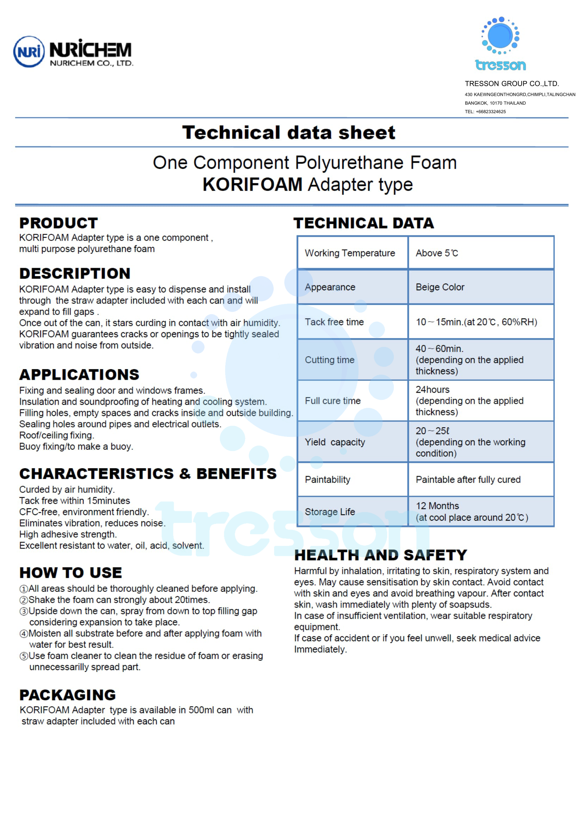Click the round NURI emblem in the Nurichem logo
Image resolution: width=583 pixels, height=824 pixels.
pyautogui.click(x=29, y=52)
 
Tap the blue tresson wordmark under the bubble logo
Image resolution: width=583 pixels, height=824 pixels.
pyautogui.click(x=500, y=65)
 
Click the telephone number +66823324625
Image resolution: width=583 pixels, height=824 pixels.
pyautogui.click(x=490, y=112)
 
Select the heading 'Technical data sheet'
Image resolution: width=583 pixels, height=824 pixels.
pyautogui.click(x=289, y=132)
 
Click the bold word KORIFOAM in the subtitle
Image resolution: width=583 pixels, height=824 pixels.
pyautogui.click(x=252, y=185)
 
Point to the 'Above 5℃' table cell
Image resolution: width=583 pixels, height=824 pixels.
pyautogui.click(x=436, y=253)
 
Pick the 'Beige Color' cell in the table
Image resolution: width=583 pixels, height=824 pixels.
pyautogui.click(x=440, y=287)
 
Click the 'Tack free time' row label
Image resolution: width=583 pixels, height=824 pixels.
pyautogui.click(x=334, y=322)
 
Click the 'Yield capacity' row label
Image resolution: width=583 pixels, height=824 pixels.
pyautogui.click(x=335, y=442)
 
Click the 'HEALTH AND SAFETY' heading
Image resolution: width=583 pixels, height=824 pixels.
pyautogui.click(x=381, y=555)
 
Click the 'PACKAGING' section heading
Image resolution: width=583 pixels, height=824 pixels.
pyautogui.click(x=67, y=695)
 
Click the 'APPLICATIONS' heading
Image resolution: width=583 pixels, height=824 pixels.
pyautogui.click(x=79, y=375)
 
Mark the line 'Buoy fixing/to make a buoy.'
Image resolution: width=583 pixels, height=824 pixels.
pyautogui.click(x=76, y=446)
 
